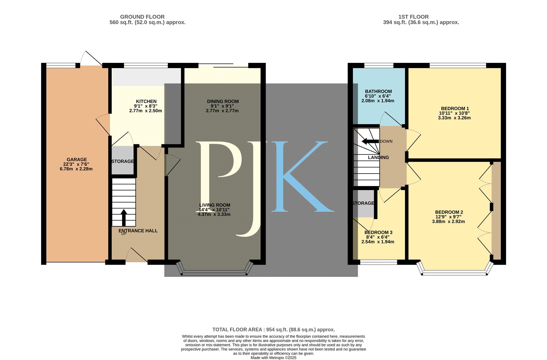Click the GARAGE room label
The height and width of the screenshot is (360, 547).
tap(77, 159)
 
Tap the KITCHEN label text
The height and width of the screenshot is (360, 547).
tap(146, 101)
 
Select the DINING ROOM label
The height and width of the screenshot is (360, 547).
tap(223, 101)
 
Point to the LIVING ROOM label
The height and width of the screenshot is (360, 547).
tap(215, 205)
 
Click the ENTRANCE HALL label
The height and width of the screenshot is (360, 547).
tap(138, 231)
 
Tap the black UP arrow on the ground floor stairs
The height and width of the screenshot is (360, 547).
tap(124, 218)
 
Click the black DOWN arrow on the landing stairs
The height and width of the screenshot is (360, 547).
tap(370, 141)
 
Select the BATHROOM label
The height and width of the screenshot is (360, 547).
tap(378, 91)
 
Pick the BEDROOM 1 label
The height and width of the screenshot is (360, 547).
tap(455, 108)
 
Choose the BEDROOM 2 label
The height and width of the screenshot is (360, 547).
tap(449, 212)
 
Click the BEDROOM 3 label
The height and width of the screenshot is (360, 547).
tap(378, 232)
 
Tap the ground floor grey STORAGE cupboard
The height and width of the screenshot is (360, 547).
tap(123, 160)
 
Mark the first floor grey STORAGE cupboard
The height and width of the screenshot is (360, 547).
tap(363, 204)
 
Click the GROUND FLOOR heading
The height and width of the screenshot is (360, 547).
tap(142, 17)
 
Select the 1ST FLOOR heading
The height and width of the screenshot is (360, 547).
tap(413, 17)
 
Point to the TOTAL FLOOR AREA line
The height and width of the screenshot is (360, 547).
tap(273, 330)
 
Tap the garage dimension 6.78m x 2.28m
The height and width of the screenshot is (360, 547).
tap(76, 169)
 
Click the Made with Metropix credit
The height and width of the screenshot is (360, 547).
tap(273, 358)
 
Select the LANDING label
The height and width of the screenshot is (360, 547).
tap(378, 158)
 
